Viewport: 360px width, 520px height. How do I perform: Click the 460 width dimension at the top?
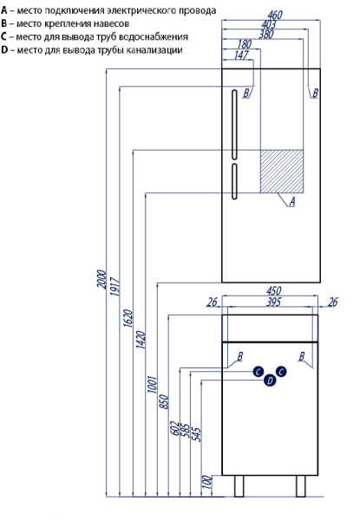(275, 15)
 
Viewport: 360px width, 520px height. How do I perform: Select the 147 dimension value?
(241, 55)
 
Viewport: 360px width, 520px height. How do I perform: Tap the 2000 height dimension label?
(102, 279)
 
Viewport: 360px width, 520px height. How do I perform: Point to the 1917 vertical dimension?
(115, 287)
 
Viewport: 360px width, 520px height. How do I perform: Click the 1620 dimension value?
(128, 318)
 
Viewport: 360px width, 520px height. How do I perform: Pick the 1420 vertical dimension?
(141, 340)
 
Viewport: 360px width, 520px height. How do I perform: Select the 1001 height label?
(153, 384)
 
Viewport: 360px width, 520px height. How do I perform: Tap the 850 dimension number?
(164, 401)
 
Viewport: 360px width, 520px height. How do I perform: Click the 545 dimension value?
(197, 434)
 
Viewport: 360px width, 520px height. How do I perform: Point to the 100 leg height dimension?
(206, 482)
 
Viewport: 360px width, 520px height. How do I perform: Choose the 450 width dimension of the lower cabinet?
(274, 291)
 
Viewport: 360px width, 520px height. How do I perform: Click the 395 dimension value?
(274, 302)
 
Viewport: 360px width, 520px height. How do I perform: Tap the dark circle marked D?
(270, 380)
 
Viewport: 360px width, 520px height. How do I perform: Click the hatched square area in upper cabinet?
(282, 172)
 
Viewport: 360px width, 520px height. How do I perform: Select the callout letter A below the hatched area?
(292, 202)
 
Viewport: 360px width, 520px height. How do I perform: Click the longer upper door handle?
(234, 125)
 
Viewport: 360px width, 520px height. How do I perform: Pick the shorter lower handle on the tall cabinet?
(234, 181)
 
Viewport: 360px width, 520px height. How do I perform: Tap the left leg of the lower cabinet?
(239, 486)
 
